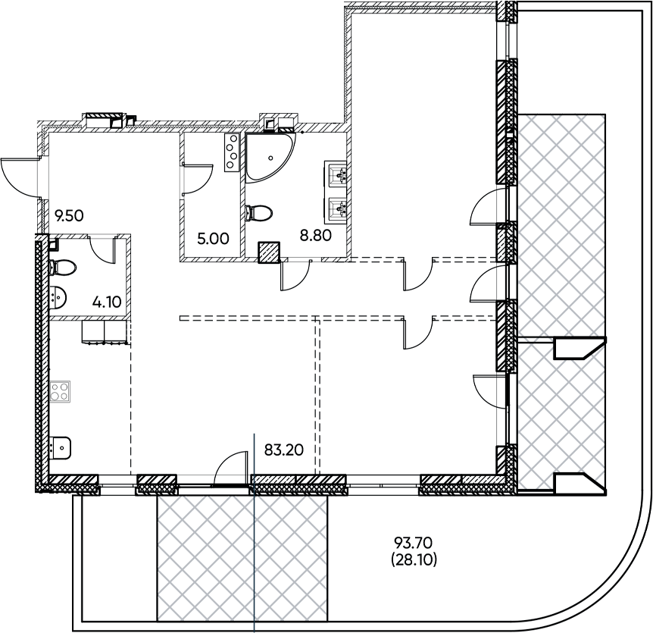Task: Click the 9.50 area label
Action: coord(69,216)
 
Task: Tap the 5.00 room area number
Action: coord(213,240)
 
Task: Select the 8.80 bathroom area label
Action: coord(316,236)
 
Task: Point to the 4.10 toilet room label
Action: coord(107,302)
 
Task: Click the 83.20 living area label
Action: coord(284,450)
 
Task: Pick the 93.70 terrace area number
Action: coord(414,543)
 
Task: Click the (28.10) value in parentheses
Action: coord(414,560)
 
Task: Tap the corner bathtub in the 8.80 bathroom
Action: coord(270,158)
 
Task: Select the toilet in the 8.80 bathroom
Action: coord(258,213)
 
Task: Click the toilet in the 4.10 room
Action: coord(62,267)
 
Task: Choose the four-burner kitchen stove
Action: coord(60,391)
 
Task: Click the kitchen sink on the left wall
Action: coord(60,448)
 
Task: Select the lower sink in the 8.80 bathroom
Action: coord(336,207)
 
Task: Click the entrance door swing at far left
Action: coord(20,177)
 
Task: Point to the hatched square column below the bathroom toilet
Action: coord(269,252)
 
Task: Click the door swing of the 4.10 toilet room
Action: coord(102,249)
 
